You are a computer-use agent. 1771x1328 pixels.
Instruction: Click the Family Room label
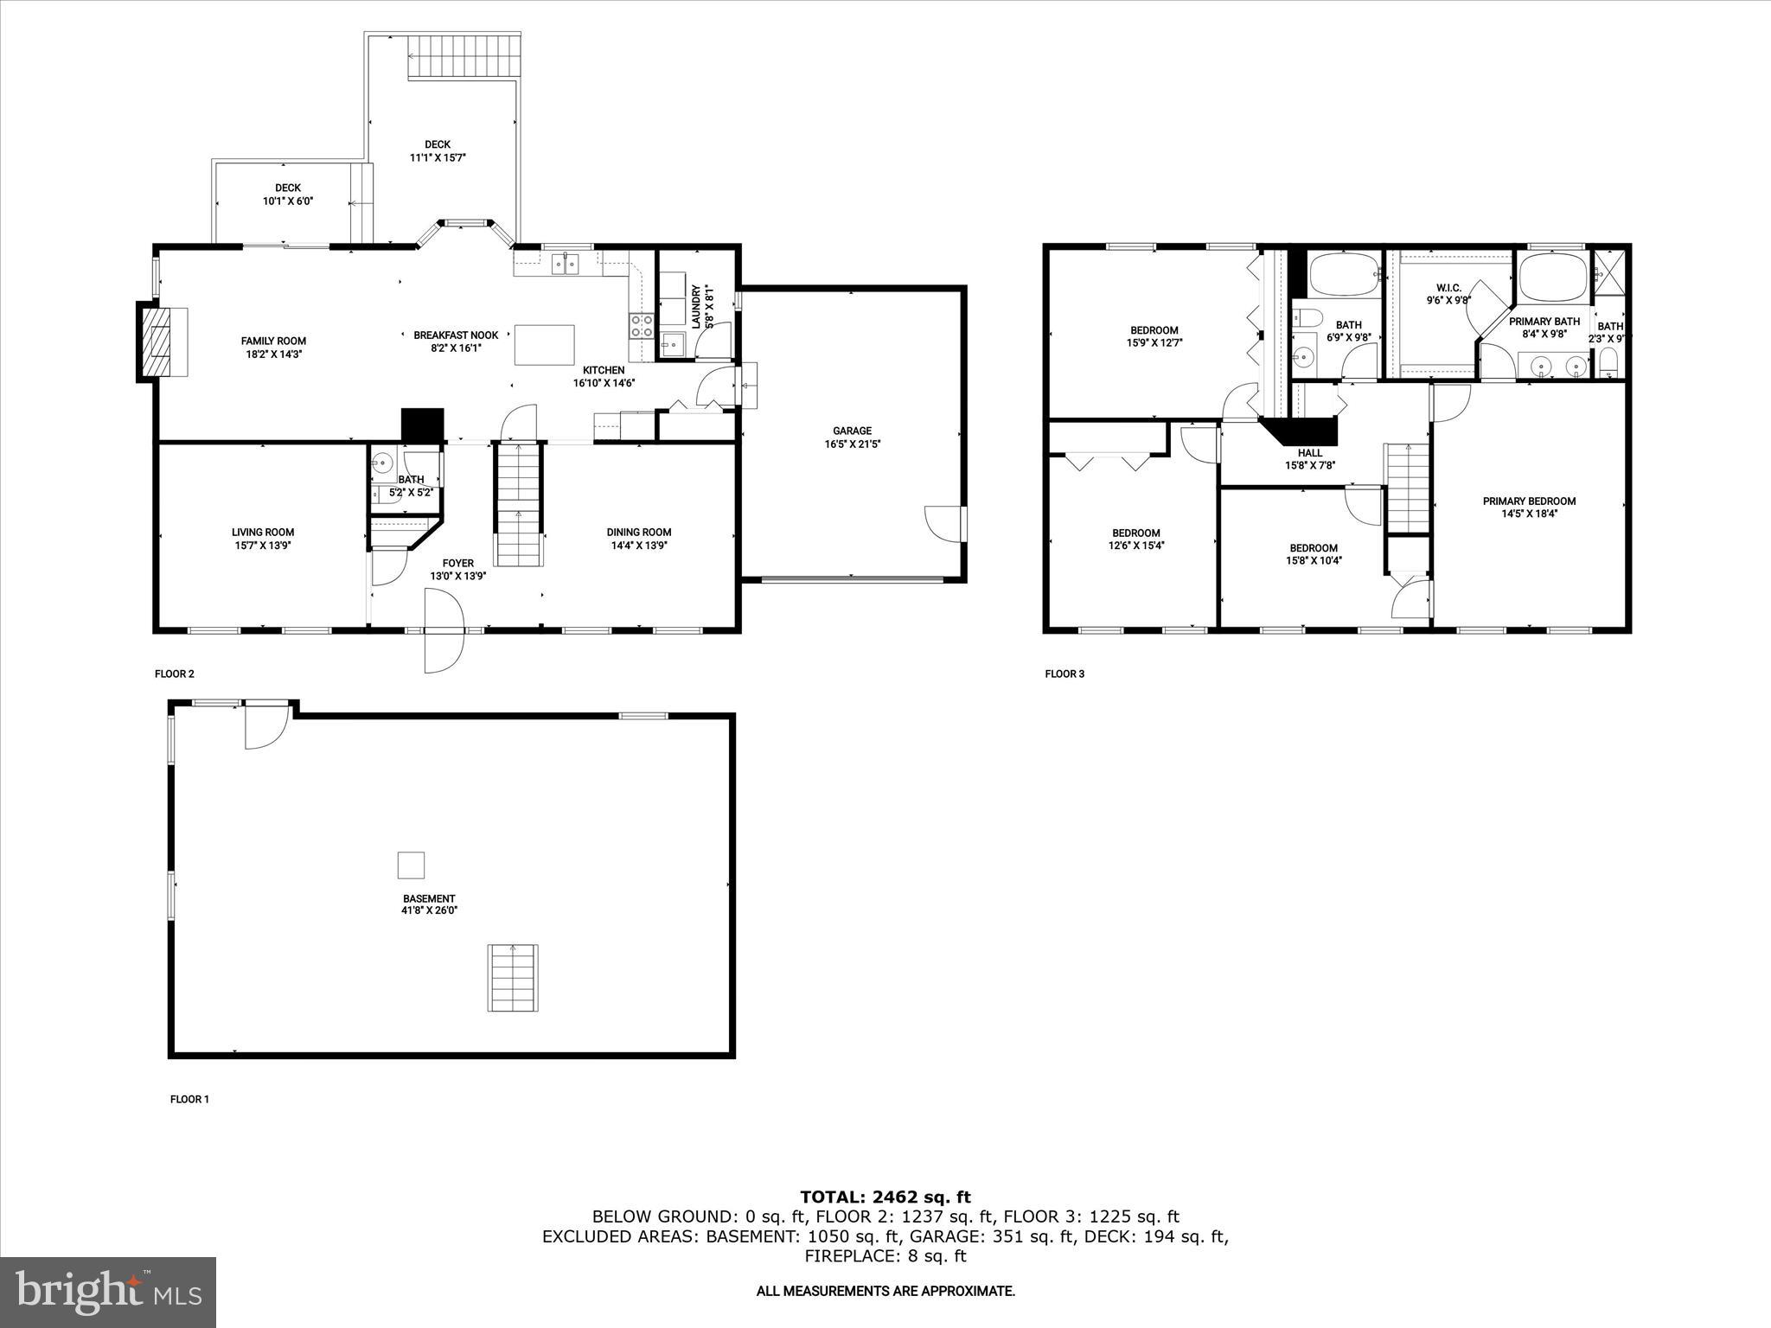tap(273, 341)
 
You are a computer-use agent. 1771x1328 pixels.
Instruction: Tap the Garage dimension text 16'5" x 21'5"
tap(852, 444)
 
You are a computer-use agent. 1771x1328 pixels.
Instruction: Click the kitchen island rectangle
tap(544, 345)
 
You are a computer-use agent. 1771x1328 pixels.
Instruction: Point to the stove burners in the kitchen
tap(641, 325)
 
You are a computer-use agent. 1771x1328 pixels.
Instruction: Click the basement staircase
tap(514, 978)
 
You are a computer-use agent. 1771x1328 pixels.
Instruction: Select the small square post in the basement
tap(411, 865)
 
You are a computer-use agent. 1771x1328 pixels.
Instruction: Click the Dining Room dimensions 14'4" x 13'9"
tap(639, 546)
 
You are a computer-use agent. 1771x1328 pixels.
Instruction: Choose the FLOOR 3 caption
tap(1064, 674)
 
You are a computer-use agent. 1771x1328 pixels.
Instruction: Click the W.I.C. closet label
tap(1448, 288)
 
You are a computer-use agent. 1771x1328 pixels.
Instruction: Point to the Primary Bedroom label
tap(1529, 501)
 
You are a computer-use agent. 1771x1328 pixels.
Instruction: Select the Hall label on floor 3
tap(1309, 452)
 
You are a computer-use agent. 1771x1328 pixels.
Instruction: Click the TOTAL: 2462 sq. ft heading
tap(885, 1197)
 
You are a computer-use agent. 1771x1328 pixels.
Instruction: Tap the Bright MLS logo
tap(108, 1292)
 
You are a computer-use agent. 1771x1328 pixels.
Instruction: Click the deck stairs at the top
tap(464, 57)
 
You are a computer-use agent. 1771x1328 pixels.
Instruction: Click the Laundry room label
tap(696, 306)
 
